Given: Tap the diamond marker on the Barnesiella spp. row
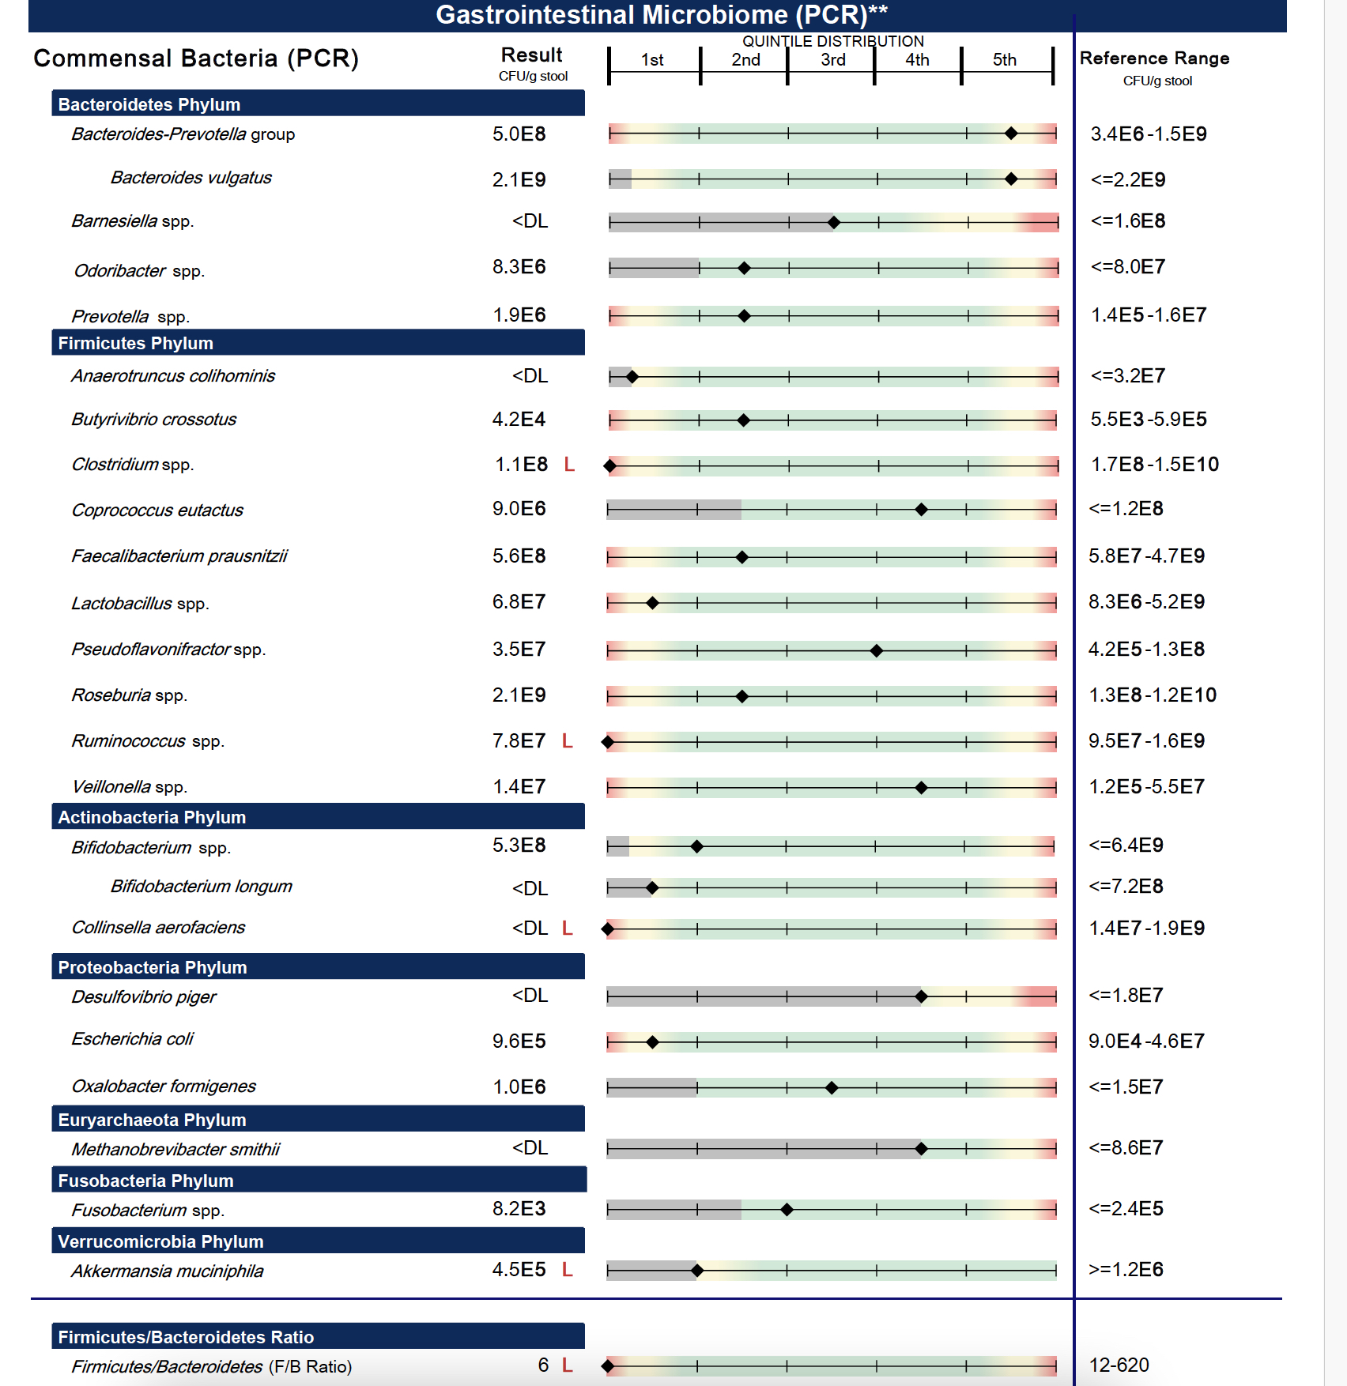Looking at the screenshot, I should pyautogui.click(x=833, y=223).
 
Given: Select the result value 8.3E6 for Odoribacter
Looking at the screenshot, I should pyautogui.click(x=519, y=267).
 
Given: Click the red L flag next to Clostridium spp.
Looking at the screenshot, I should pyautogui.click(x=568, y=465).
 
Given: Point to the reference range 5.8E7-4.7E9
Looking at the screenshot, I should pyautogui.click(x=1146, y=556).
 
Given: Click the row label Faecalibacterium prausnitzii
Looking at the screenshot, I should pyautogui.click(x=179, y=556).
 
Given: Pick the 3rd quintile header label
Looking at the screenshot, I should pyautogui.click(x=832, y=60).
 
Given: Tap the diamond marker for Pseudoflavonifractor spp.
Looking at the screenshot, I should pyautogui.click(x=876, y=651).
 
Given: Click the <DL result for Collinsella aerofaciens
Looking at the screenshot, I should pyautogui.click(x=530, y=928).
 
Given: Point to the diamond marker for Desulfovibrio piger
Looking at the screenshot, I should pyautogui.click(x=921, y=997).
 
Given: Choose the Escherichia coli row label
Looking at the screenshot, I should pyautogui.click(x=132, y=1039).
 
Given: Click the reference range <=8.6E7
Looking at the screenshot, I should pyautogui.click(x=1126, y=1147).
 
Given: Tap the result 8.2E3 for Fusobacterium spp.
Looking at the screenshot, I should pyautogui.click(x=519, y=1209).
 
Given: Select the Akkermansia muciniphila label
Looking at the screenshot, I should pyautogui.click(x=168, y=1271).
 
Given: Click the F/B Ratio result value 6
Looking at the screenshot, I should pyautogui.click(x=543, y=1365).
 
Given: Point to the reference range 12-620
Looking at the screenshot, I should pyautogui.click(x=1119, y=1365).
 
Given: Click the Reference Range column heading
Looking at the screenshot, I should pyautogui.click(x=1154, y=58).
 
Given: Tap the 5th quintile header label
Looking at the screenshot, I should pyautogui.click(x=1004, y=60).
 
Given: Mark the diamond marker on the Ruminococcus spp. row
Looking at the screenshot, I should pyautogui.click(x=608, y=742).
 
